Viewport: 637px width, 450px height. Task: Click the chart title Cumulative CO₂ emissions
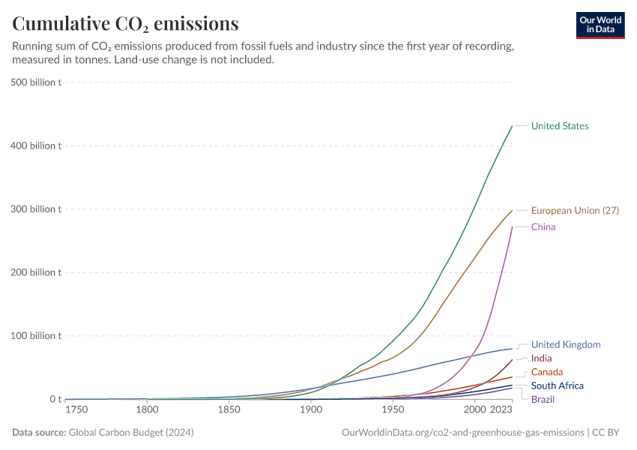tap(125, 24)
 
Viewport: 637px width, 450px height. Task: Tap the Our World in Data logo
tap(600, 25)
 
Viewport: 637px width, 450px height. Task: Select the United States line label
tap(559, 126)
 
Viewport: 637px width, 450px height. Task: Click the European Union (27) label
tap(575, 211)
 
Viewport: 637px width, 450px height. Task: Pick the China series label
tap(543, 227)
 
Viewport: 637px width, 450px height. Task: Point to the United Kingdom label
tap(566, 345)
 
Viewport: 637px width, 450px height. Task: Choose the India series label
tap(541, 358)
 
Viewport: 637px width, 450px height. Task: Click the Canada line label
tap(546, 372)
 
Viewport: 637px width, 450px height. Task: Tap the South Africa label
tap(557, 385)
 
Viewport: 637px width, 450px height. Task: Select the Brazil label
tap(543, 399)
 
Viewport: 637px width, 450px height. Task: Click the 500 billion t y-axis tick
tap(35, 82)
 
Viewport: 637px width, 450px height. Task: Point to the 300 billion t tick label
tap(35, 209)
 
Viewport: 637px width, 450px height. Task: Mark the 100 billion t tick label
tap(35, 336)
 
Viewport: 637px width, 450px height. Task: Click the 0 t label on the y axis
tap(55, 400)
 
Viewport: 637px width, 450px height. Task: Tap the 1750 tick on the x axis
tap(75, 410)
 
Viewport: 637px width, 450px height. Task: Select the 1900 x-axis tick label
tap(310, 410)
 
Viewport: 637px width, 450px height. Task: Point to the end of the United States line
tap(512, 126)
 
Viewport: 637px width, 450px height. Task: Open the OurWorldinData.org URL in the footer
tap(462, 433)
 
